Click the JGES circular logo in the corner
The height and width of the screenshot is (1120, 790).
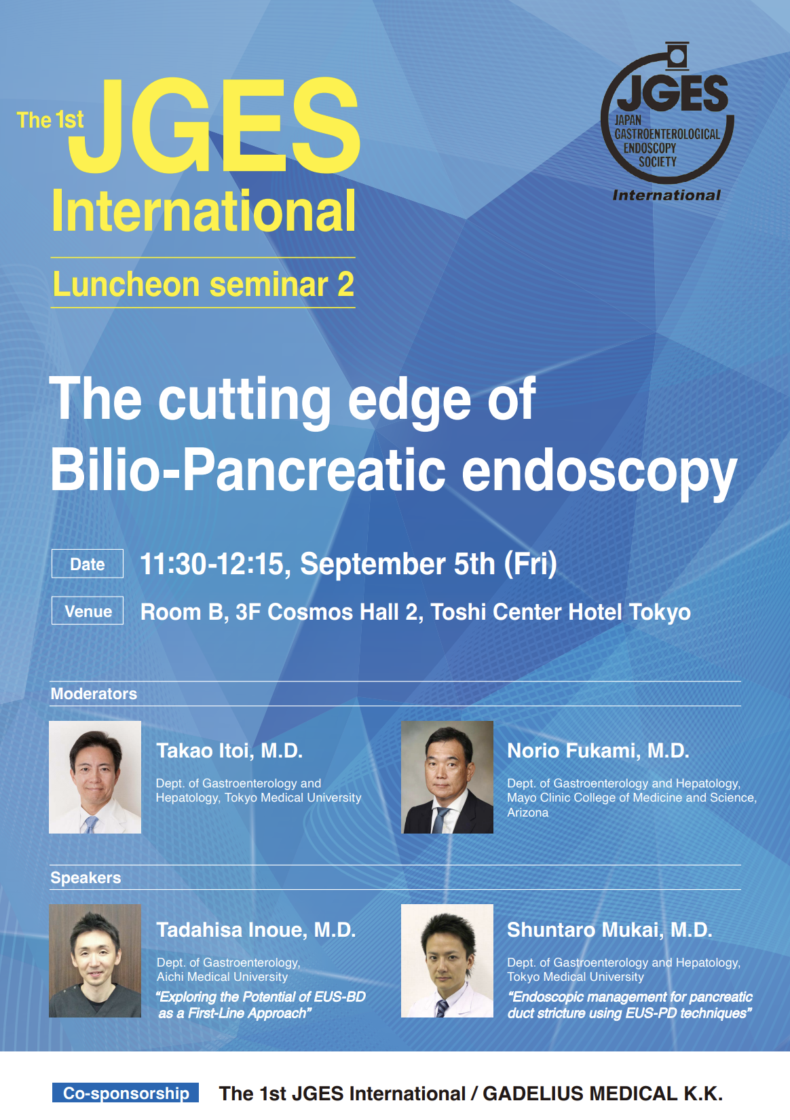tap(667, 113)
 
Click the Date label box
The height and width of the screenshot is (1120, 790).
tap(88, 563)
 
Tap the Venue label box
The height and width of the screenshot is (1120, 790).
tap(88, 610)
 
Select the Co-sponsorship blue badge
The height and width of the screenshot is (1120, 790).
tap(126, 1092)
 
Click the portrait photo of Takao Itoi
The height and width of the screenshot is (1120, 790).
tap(95, 777)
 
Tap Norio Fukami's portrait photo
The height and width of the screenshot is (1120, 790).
tap(447, 777)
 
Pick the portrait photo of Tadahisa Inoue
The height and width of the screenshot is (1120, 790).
tap(95, 960)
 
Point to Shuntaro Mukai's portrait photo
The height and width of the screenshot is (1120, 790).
tap(447, 960)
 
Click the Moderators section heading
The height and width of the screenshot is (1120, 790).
tap(94, 694)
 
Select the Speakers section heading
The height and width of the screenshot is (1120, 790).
tap(86, 878)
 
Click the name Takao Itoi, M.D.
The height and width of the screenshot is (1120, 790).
tap(229, 751)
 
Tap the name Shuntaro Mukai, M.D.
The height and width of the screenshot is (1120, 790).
tap(609, 930)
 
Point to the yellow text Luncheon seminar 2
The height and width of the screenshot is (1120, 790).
tap(204, 284)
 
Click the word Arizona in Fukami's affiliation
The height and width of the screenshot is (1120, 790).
tap(527, 813)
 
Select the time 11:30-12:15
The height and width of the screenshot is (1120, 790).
tap(215, 564)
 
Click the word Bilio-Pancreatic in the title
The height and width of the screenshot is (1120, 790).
tap(248, 470)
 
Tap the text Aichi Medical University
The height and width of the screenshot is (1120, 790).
tap(222, 977)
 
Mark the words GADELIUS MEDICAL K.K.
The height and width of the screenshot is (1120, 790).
tap(603, 1094)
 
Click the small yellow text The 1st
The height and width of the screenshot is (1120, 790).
tap(50, 120)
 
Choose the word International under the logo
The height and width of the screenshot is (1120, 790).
tap(666, 195)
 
